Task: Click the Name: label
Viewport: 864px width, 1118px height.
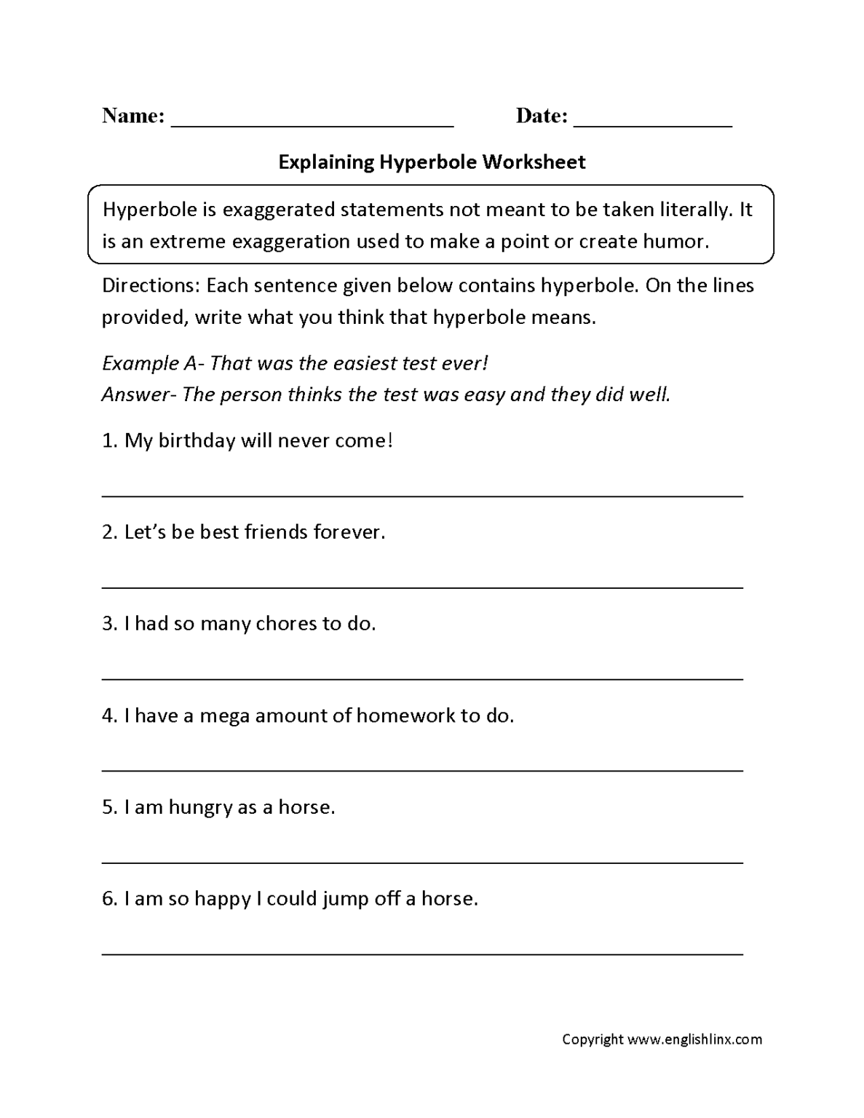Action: point(133,116)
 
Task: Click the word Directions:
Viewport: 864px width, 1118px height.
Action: point(151,285)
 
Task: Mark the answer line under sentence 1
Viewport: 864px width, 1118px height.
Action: point(422,496)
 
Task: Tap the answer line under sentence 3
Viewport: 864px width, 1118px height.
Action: point(422,679)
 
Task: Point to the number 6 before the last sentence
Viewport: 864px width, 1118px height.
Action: point(108,899)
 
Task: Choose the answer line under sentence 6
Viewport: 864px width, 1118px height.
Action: point(422,954)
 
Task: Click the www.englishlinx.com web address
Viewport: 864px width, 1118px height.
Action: point(694,1039)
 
